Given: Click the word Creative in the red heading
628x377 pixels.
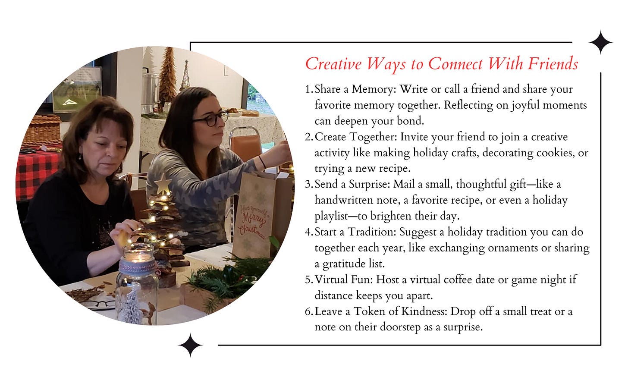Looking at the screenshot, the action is [333, 63].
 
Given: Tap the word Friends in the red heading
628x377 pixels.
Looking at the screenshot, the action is [553, 63].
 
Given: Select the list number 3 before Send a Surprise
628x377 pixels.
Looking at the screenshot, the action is [308, 184].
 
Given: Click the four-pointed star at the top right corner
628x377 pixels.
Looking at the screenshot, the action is [600, 42].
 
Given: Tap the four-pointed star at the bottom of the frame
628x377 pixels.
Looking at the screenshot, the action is [190, 346].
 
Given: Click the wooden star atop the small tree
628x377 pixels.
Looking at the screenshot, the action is [163, 184].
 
